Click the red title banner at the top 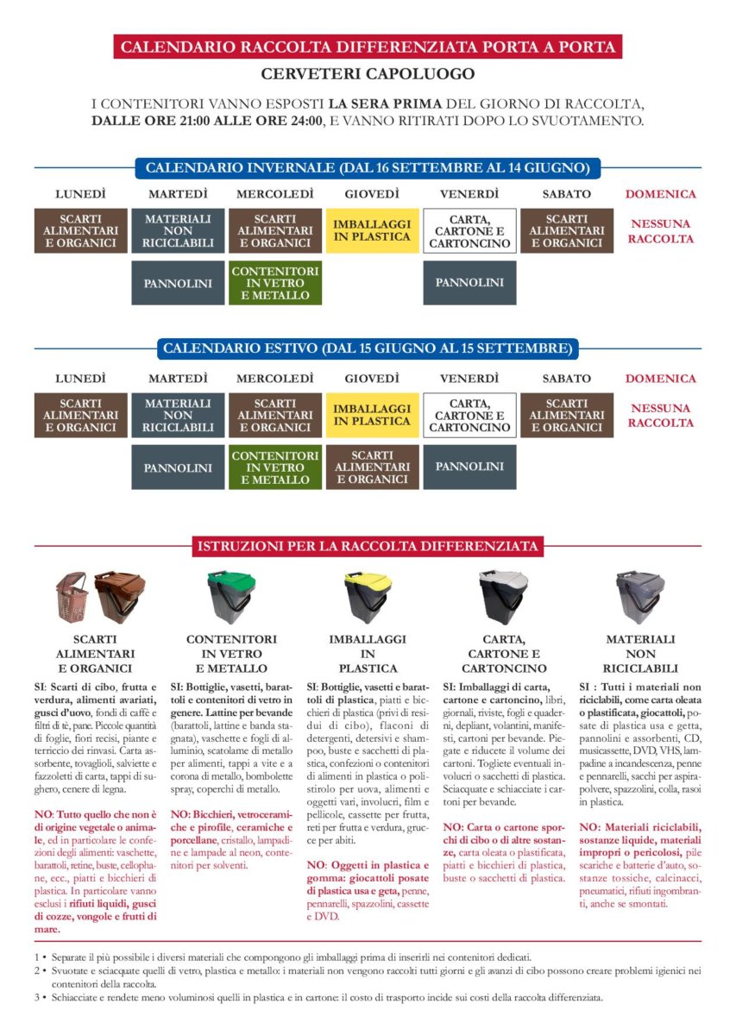tap(368, 47)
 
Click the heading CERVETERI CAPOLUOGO tap(368, 74)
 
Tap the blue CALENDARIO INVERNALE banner tap(368, 167)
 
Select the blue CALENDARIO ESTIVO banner tap(368, 349)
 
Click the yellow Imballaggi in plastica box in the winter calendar tap(372, 230)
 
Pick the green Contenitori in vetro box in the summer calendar tap(275, 467)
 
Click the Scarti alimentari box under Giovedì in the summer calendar tap(372, 467)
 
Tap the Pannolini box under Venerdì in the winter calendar tap(469, 283)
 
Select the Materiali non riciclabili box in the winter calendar tap(178, 230)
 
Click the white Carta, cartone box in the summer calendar tap(469, 415)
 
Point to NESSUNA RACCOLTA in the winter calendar tap(661, 230)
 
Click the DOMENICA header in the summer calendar tap(661, 379)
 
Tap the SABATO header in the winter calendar tap(567, 194)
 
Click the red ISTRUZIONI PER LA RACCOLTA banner tap(368, 546)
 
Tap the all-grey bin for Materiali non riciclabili tap(639, 596)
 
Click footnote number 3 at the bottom tap(37, 998)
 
